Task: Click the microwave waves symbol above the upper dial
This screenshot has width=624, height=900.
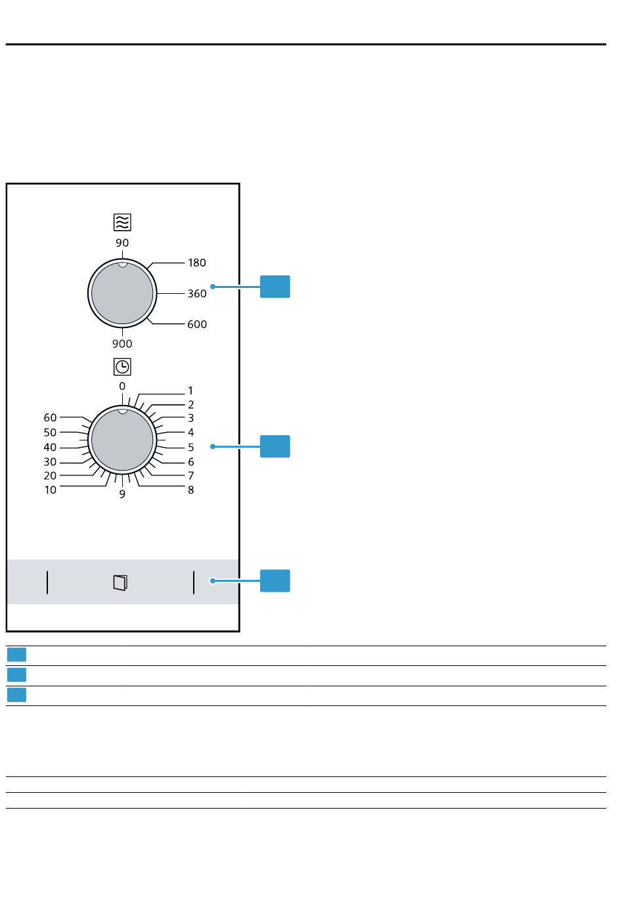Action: [x=122, y=222]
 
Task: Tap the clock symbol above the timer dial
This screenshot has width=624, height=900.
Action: [x=122, y=366]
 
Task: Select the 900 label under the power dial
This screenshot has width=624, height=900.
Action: [x=122, y=344]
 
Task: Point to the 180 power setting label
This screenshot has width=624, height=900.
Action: [x=197, y=263]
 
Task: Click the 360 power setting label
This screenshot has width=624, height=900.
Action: [x=197, y=294]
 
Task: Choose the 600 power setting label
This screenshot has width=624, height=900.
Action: [x=197, y=325]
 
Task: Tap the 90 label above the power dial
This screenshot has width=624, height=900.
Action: [x=122, y=243]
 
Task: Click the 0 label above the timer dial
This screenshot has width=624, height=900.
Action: [x=122, y=387]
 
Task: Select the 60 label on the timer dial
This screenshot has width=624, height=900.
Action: [x=51, y=417]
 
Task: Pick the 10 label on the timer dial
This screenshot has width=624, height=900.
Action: [x=51, y=490]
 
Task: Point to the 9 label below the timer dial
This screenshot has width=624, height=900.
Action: [x=122, y=494]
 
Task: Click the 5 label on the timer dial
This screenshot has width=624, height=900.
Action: [x=191, y=447]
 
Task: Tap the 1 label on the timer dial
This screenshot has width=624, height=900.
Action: [x=191, y=391]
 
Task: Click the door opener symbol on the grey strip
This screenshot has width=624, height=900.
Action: [x=120, y=582]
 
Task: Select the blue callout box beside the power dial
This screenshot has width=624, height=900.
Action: [x=275, y=287]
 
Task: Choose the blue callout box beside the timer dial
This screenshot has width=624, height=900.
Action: [x=275, y=446]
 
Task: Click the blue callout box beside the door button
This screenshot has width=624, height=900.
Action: [x=275, y=581]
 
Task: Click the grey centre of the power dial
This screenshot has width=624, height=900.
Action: [x=122, y=294]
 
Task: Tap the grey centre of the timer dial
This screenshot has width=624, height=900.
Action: [x=122, y=440]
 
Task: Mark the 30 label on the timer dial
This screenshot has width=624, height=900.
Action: [x=51, y=462]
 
